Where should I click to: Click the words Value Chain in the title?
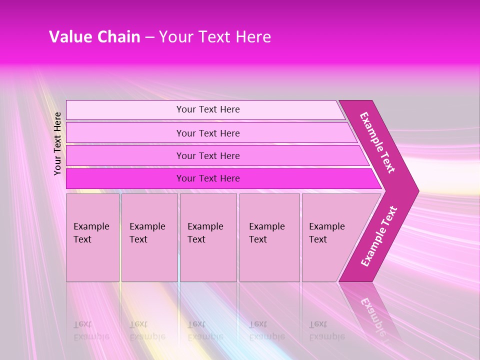click(x=94, y=37)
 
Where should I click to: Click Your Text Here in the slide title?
click(x=215, y=37)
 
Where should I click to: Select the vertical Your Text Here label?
click(x=57, y=143)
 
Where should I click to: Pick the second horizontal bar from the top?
click(x=208, y=133)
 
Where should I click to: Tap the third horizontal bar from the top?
click(x=208, y=155)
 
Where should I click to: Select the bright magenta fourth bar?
click(x=208, y=178)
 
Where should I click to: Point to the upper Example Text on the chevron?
click(x=377, y=142)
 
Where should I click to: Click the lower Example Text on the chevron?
click(x=379, y=236)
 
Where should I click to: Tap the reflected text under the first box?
click(x=91, y=330)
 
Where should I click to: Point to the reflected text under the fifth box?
click(x=326, y=330)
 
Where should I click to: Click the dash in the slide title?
click(x=149, y=37)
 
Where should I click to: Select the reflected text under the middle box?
click(x=205, y=330)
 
